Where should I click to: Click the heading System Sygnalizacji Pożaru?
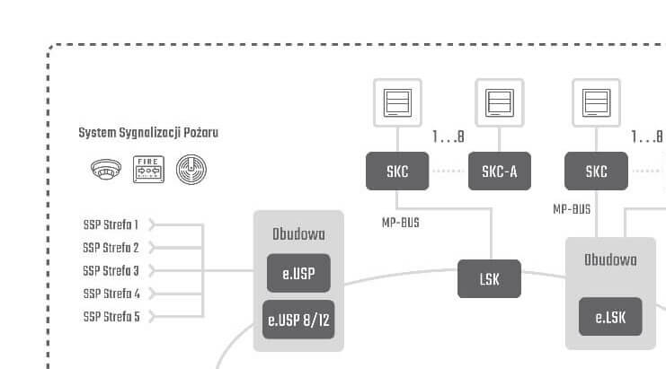pyautogui.click(x=148, y=133)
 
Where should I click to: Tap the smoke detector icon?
pyautogui.click(x=106, y=169)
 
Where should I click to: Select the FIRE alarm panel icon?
pyautogui.click(x=148, y=169)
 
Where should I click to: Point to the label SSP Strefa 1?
pyautogui.click(x=111, y=224)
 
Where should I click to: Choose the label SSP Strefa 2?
pyautogui.click(x=111, y=248)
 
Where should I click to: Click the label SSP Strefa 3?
pyautogui.click(x=111, y=270)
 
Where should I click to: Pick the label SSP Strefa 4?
pyautogui.click(x=111, y=294)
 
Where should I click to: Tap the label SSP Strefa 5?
pyautogui.click(x=111, y=317)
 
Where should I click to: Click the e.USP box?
pyautogui.click(x=298, y=274)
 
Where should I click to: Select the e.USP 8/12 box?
pyautogui.click(x=298, y=319)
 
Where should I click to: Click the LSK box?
pyautogui.click(x=490, y=279)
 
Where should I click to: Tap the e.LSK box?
pyautogui.click(x=610, y=317)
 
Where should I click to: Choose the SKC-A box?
pyautogui.click(x=500, y=171)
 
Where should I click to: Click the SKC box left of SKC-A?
pyautogui.click(x=397, y=171)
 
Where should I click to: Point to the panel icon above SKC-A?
pyautogui.click(x=500, y=102)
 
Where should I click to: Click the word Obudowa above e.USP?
pyautogui.click(x=298, y=234)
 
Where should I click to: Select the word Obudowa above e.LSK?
pyautogui.click(x=610, y=260)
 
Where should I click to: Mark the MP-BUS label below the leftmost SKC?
pyautogui.click(x=401, y=222)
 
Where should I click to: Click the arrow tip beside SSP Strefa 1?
pyautogui.click(x=153, y=224)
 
